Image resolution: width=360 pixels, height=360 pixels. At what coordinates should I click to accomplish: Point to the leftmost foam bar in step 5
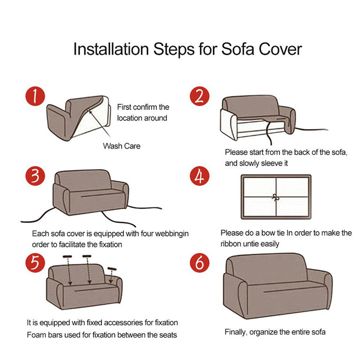(x=67, y=256)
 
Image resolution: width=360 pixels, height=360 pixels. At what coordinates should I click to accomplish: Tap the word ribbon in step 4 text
(x=232, y=244)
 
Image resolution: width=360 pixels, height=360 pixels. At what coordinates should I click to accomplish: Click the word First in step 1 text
(x=125, y=107)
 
